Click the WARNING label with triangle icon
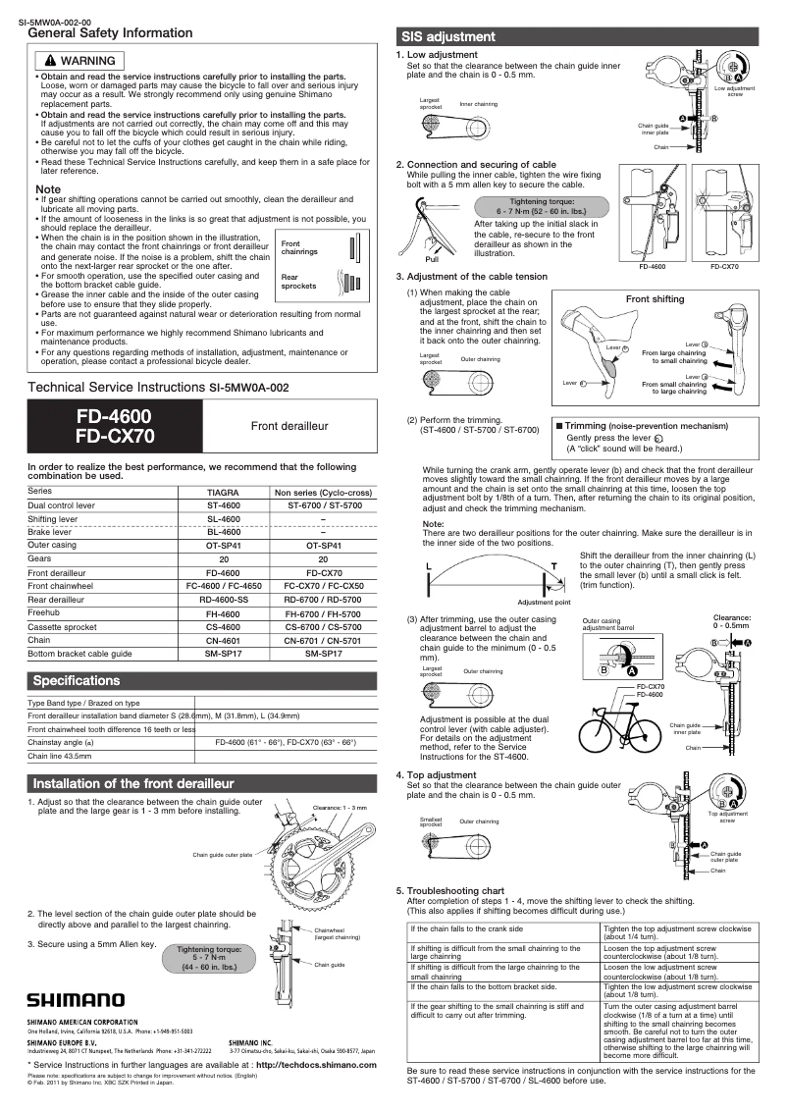[x=81, y=61]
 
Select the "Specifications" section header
[x=77, y=681]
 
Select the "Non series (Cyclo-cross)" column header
[x=323, y=491]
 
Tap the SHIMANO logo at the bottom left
[x=76, y=1001]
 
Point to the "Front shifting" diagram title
[x=655, y=299]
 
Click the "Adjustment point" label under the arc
[x=544, y=602]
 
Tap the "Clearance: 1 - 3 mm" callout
[x=340, y=807]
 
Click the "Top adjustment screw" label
[x=727, y=817]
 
